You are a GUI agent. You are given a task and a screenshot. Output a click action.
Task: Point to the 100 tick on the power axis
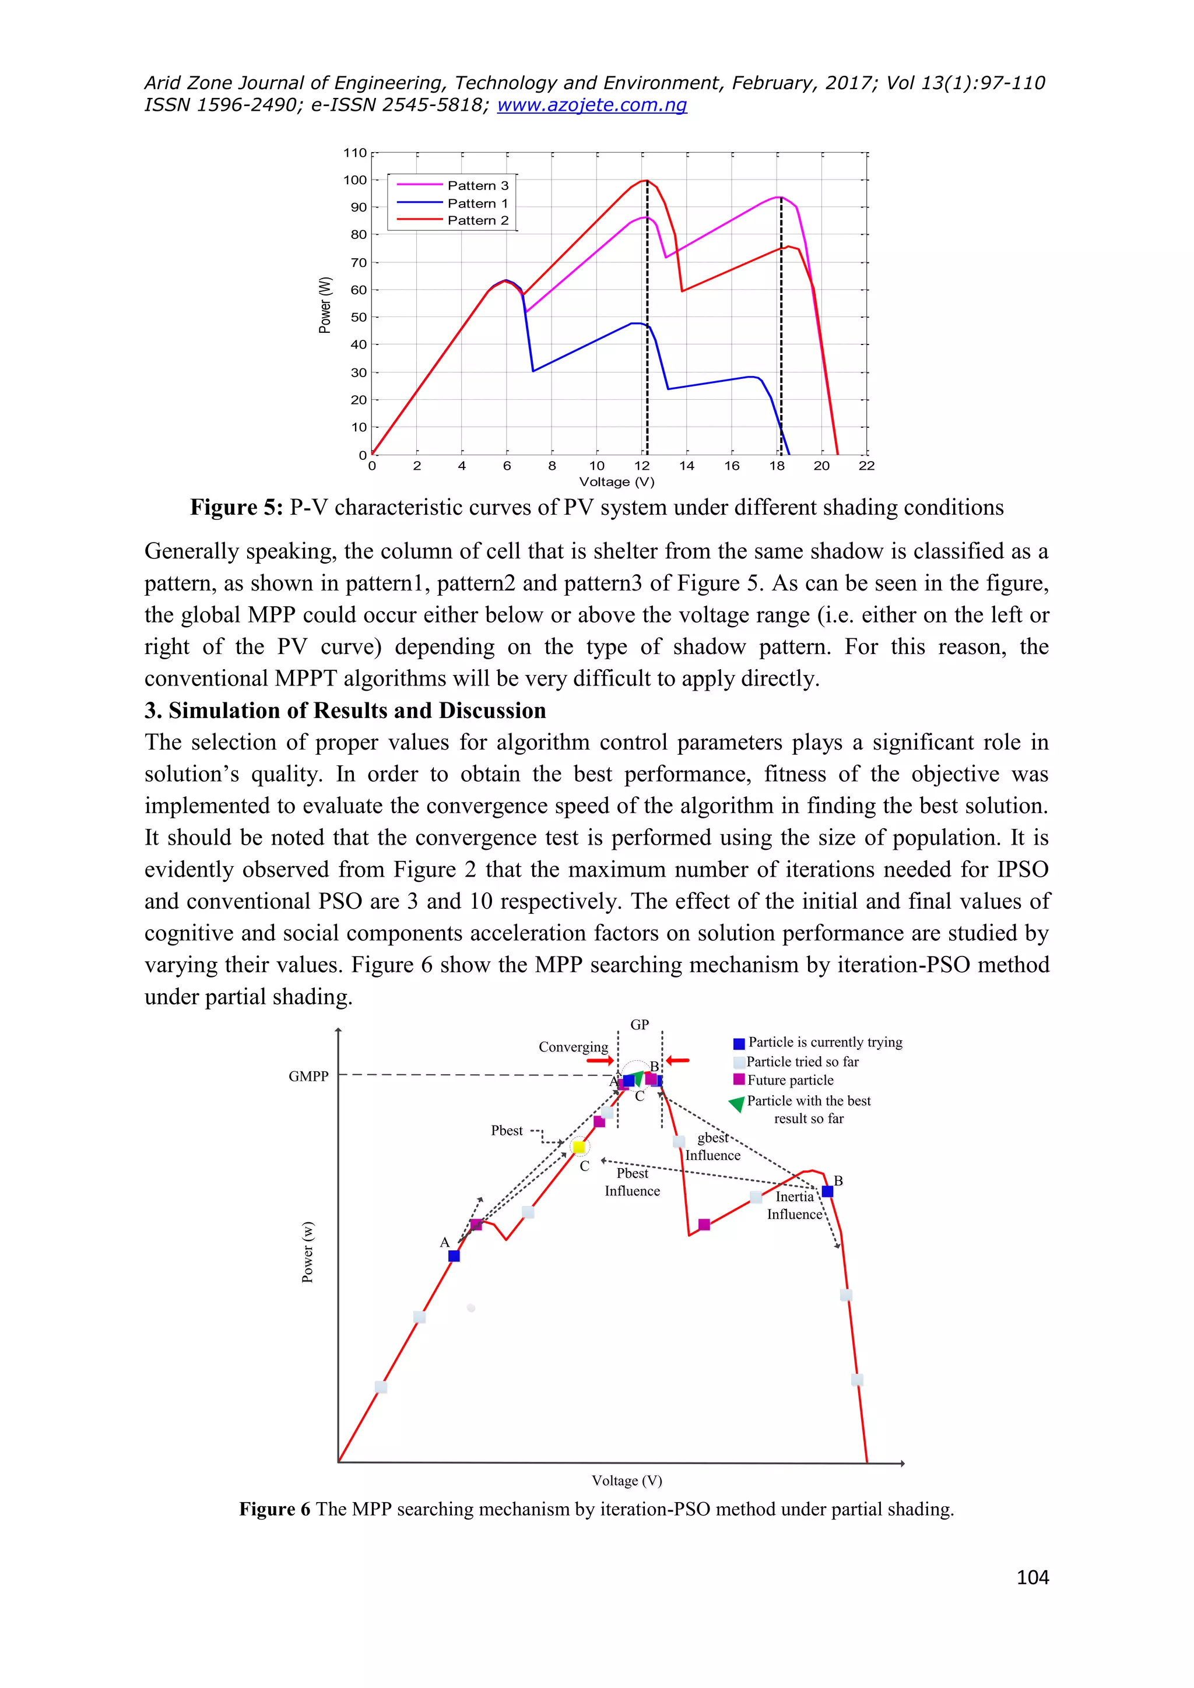(355, 180)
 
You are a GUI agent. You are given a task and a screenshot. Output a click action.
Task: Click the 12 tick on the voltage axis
(642, 465)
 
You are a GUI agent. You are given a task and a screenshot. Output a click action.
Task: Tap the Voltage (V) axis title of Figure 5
(616, 482)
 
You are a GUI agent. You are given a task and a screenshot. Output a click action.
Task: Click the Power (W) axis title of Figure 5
(324, 304)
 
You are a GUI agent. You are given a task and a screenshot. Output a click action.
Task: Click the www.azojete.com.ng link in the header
(592, 105)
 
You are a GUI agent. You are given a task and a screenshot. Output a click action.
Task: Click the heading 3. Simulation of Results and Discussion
(345, 710)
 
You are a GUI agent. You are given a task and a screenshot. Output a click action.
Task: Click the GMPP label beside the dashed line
(308, 1077)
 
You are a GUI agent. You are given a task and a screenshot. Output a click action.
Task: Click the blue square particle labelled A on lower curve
(454, 1256)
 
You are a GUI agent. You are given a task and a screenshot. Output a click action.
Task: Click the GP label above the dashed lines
(640, 1025)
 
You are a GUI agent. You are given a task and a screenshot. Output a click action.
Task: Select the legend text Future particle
(791, 1080)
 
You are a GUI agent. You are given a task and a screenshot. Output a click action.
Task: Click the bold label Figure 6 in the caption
(274, 1509)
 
